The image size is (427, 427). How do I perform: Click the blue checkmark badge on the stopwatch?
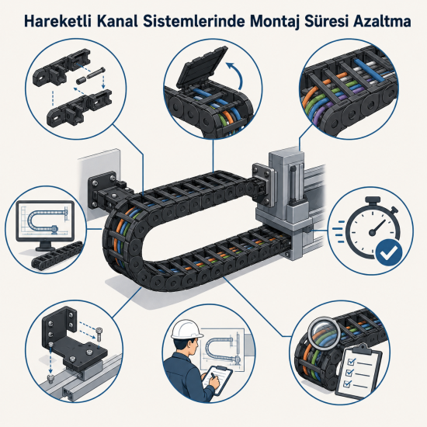[x=389, y=253]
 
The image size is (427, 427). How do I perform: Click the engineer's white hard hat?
[x=186, y=329]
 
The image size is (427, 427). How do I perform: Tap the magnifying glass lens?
[x=325, y=333]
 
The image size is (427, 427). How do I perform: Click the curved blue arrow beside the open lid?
[x=237, y=74]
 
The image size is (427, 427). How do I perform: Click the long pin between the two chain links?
[x=95, y=73]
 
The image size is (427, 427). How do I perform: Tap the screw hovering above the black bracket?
[x=99, y=334]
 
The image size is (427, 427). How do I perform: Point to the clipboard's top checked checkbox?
[x=351, y=362]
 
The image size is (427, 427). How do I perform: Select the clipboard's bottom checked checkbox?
[x=347, y=384]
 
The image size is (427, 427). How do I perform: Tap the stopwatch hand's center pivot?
[x=372, y=232]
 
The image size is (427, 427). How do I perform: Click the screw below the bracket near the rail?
[x=50, y=379]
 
